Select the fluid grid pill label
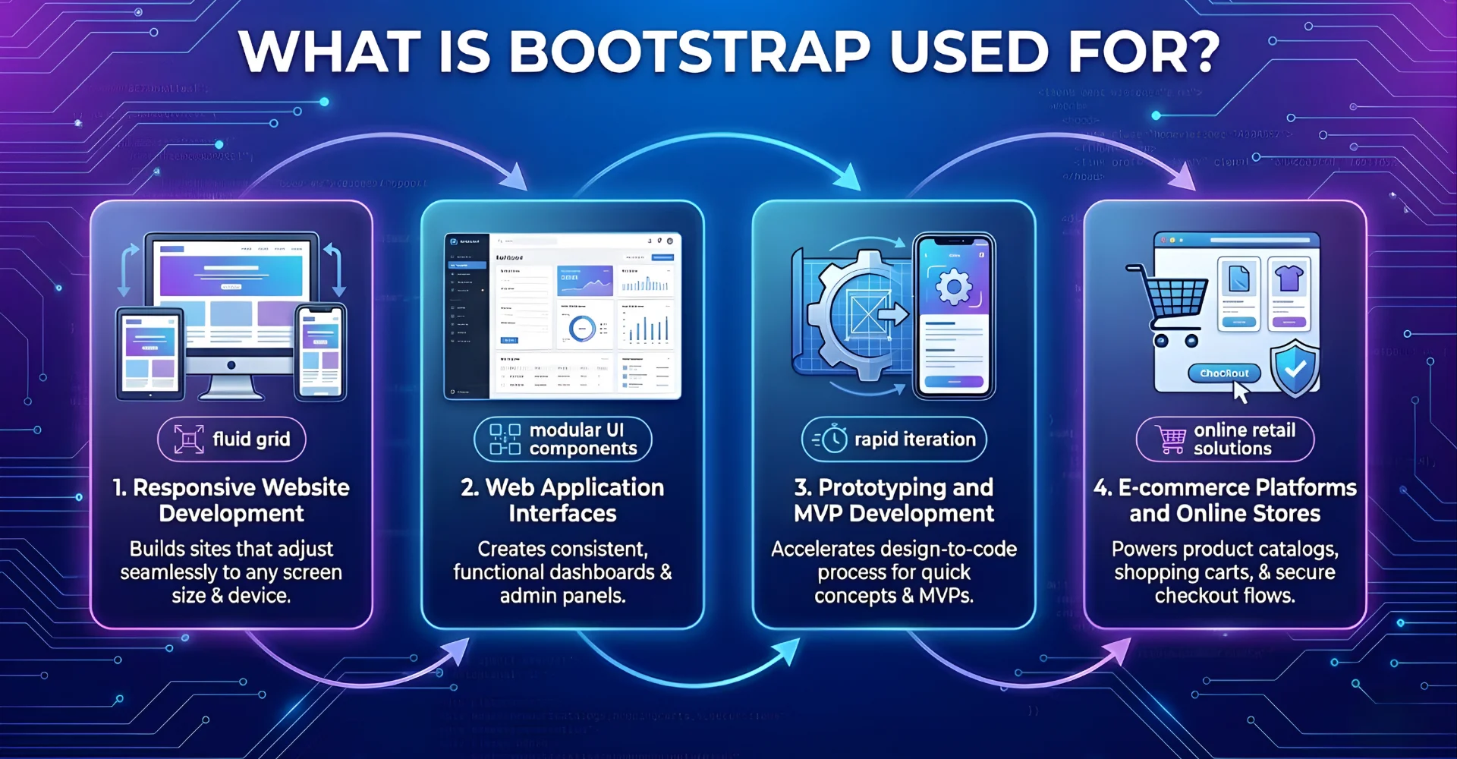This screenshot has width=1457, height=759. click(x=232, y=439)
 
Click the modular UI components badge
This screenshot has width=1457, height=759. click(x=563, y=439)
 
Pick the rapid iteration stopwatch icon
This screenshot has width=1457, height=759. click(x=833, y=439)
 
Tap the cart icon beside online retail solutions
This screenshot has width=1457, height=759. click(x=1171, y=439)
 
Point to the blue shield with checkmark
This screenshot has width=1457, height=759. click(x=1295, y=368)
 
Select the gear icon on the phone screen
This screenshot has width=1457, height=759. click(x=953, y=287)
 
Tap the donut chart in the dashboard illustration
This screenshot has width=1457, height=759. click(x=582, y=328)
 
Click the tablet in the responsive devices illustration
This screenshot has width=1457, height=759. click(x=150, y=354)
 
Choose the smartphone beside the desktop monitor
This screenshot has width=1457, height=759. click(x=320, y=351)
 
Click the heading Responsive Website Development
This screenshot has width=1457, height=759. click(x=231, y=500)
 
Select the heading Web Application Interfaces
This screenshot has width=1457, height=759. click(x=562, y=500)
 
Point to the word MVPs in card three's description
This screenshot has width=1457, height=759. click(x=946, y=596)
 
